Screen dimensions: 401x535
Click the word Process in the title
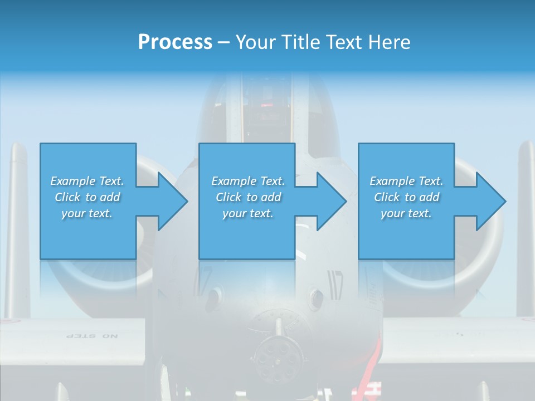pyautogui.click(x=175, y=42)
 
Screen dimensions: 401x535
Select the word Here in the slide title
pyautogui.click(x=388, y=42)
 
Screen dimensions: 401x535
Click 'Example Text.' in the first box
pyautogui.click(x=87, y=181)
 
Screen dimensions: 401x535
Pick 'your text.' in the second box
pyautogui.click(x=247, y=213)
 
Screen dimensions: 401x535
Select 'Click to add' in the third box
pyautogui.click(x=406, y=197)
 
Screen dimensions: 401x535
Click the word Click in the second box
pyautogui.click(x=228, y=197)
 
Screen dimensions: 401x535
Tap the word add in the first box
pyautogui.click(x=110, y=197)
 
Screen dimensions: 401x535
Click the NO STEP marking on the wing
pyautogui.click(x=92, y=336)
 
